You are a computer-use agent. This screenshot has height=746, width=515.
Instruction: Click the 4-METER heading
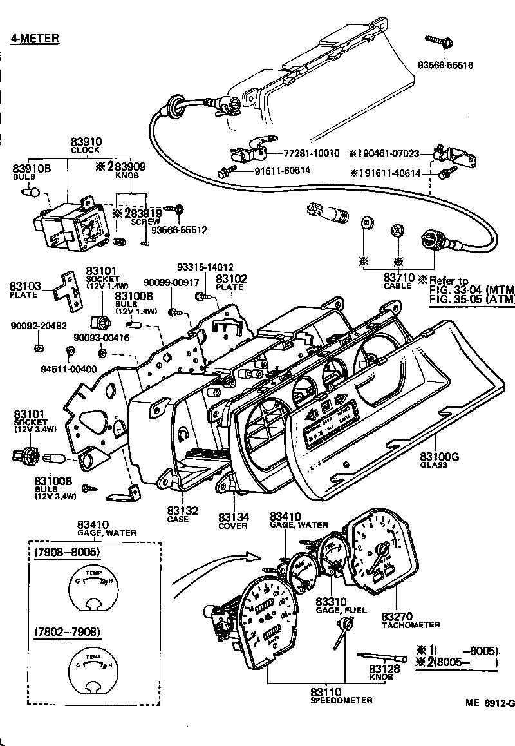[35, 39]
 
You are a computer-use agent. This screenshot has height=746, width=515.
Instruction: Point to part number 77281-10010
[311, 153]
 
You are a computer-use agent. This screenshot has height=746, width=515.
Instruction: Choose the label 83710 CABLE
[398, 280]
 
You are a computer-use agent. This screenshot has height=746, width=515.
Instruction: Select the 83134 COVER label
[232, 521]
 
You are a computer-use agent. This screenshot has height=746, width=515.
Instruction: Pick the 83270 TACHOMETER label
[411, 620]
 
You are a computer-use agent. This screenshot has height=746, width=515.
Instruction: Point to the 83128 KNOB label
[386, 673]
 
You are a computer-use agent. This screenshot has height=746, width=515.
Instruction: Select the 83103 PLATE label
[25, 289]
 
